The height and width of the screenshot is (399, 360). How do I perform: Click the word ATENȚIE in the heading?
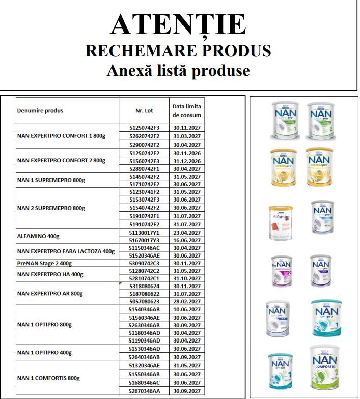[x=178, y=24]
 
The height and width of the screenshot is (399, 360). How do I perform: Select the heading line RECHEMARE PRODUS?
[x=178, y=50]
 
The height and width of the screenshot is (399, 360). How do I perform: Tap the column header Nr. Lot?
[x=144, y=110]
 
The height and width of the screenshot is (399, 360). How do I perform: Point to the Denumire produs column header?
[x=40, y=110]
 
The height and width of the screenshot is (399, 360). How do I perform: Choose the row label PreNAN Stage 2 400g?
[x=45, y=263]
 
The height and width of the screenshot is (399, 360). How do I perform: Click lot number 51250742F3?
[x=142, y=128]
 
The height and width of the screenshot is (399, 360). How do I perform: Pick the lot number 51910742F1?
[x=142, y=216]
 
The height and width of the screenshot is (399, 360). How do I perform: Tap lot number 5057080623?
[x=142, y=302]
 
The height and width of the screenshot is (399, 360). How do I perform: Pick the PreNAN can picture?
[x=281, y=270]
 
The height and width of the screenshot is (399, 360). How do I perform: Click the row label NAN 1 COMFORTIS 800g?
[x=49, y=378]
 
